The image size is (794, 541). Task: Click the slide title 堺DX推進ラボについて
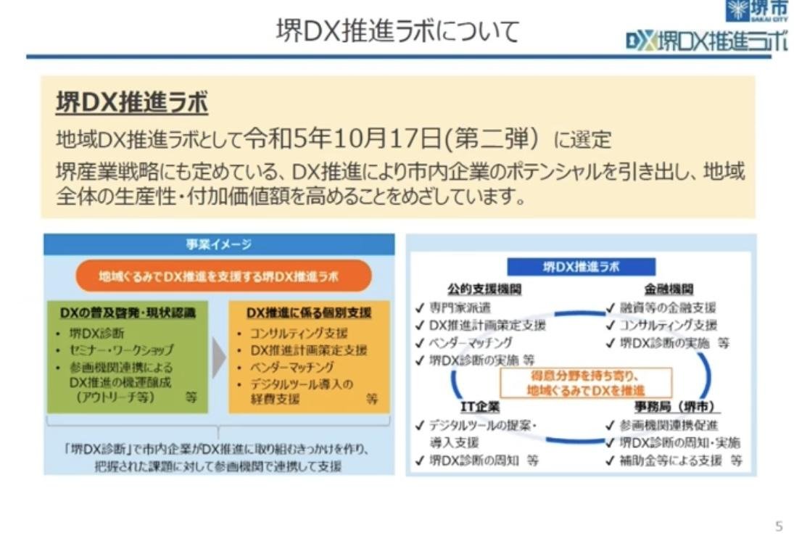click(x=397, y=31)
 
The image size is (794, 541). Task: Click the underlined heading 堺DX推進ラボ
click(x=132, y=104)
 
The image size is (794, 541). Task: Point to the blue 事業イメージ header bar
click(x=219, y=245)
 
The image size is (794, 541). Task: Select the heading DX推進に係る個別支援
click(x=310, y=313)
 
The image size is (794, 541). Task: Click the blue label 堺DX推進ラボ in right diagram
click(x=581, y=267)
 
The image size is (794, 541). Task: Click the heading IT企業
click(x=480, y=407)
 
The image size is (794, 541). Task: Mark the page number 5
click(x=779, y=526)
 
